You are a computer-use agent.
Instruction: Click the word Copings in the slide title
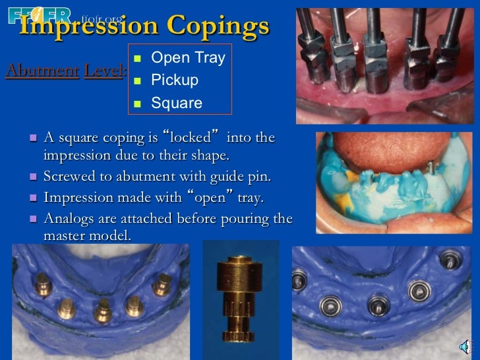(218, 26)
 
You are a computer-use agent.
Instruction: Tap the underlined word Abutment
(41, 71)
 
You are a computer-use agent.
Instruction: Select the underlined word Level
(104, 71)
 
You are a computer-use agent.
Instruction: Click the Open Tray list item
(188, 58)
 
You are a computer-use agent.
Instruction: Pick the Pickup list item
(175, 80)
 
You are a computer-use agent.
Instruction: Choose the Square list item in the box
(177, 103)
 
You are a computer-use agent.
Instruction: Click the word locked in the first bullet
(191, 138)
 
